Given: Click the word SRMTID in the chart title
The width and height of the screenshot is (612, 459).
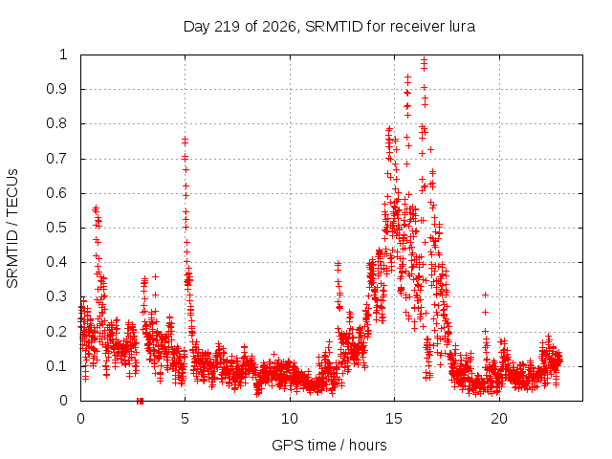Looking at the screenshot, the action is [x=334, y=27].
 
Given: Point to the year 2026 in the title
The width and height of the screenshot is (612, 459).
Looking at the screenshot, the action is [x=278, y=27].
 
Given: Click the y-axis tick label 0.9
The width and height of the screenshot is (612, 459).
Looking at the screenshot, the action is [x=57, y=89].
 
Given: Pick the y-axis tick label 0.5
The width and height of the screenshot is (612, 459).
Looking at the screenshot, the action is [x=57, y=228].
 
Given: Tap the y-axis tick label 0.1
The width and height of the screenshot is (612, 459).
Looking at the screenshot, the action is [x=57, y=366].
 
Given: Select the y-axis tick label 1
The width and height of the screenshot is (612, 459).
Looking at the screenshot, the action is [x=63, y=55].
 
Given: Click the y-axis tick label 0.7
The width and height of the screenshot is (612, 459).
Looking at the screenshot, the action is [x=57, y=159].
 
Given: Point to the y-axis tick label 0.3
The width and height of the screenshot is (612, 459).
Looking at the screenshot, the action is [x=57, y=296].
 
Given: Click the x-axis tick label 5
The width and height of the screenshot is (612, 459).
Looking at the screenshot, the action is [x=185, y=419].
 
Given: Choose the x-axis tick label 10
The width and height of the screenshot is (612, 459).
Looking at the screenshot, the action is [x=290, y=419].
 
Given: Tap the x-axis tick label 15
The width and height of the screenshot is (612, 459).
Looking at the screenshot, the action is [x=394, y=419].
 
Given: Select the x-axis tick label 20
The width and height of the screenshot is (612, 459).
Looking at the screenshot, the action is [x=499, y=419].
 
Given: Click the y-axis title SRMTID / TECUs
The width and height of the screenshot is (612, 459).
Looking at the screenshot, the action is [x=12, y=229].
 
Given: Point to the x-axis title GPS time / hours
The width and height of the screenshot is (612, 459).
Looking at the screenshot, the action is [x=329, y=445].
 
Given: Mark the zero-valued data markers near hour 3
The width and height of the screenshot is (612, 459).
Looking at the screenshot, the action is [x=141, y=401].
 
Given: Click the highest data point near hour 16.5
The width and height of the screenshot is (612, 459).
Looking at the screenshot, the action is [x=424, y=59].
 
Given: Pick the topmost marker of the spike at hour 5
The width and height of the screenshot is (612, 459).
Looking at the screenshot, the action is [x=185, y=139].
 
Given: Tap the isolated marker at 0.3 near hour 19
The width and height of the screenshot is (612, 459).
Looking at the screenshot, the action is [x=485, y=295].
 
